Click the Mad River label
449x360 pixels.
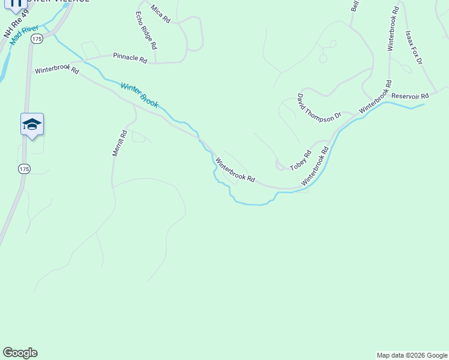tap(25, 34)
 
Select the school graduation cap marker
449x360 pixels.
tap(32, 124)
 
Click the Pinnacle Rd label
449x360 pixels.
tap(130, 59)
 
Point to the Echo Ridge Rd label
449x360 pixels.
tap(146, 30)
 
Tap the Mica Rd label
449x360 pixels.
tap(161, 14)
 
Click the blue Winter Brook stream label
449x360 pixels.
tap(139, 95)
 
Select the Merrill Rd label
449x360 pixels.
tap(119, 144)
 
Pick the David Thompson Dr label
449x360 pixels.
tap(319, 109)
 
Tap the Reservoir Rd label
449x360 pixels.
tap(410, 96)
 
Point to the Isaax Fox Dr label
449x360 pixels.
tap(414, 48)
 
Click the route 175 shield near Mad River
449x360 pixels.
tap(37, 38)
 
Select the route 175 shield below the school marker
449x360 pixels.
tap(24, 169)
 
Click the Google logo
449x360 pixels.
tap(20, 353)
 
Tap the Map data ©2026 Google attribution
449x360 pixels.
tap(412, 355)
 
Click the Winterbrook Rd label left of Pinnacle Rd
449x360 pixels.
tap(57, 70)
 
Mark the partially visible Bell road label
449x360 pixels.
tap(355, 6)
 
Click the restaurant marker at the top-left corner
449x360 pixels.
tap(16, 2)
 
